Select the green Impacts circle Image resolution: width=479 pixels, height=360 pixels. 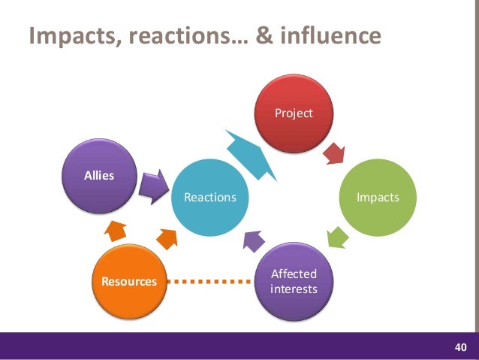(x=377, y=197)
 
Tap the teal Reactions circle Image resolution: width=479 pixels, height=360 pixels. (x=210, y=197)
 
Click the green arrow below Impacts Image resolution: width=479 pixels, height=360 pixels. (x=337, y=237)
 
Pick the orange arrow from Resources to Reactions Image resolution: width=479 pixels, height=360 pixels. (x=167, y=240)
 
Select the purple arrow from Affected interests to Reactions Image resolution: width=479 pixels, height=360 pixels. (x=253, y=240)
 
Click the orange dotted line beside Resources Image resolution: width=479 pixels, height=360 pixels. (x=208, y=282)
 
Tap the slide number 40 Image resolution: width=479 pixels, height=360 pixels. (x=460, y=346)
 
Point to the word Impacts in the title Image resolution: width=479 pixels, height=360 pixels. (x=68, y=35)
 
